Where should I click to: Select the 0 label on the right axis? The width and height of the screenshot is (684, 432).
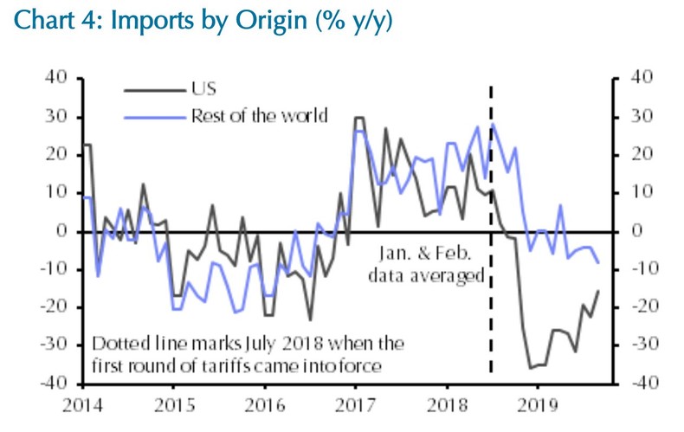click(x=635, y=230)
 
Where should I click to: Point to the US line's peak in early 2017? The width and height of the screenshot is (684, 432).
click(x=358, y=117)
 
